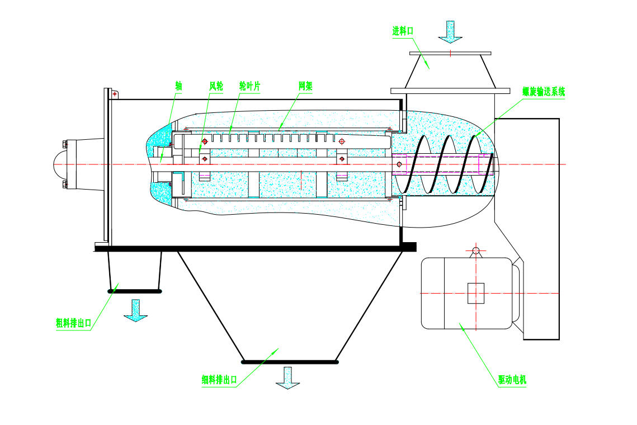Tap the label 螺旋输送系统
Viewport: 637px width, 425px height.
pyautogui.click(x=544, y=92)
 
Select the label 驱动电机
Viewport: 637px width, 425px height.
pyautogui.click(x=512, y=380)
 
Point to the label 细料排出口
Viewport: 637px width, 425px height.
pyautogui.click(x=220, y=380)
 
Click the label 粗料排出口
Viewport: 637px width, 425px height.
pyautogui.click(x=73, y=323)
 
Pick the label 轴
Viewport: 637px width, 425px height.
pyautogui.click(x=178, y=86)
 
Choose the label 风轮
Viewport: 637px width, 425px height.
pyautogui.click(x=216, y=86)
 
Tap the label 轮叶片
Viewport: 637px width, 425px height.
pyautogui.click(x=249, y=86)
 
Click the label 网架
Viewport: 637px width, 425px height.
pyautogui.click(x=305, y=86)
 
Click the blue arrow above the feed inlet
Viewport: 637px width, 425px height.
pyautogui.click(x=450, y=32)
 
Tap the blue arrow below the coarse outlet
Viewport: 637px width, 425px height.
pyautogui.click(x=135, y=310)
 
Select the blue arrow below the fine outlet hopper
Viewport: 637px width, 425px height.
pyautogui.click(x=287, y=377)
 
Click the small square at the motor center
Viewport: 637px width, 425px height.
pyautogui.click(x=476, y=293)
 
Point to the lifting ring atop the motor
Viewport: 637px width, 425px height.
pyautogui.click(x=476, y=250)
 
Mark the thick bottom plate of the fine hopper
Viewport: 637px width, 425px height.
pyautogui.click(x=290, y=361)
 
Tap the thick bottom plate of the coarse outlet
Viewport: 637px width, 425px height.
pyautogui.click(x=135, y=291)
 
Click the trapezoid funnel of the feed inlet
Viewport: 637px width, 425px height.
pyautogui.click(x=450, y=70)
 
